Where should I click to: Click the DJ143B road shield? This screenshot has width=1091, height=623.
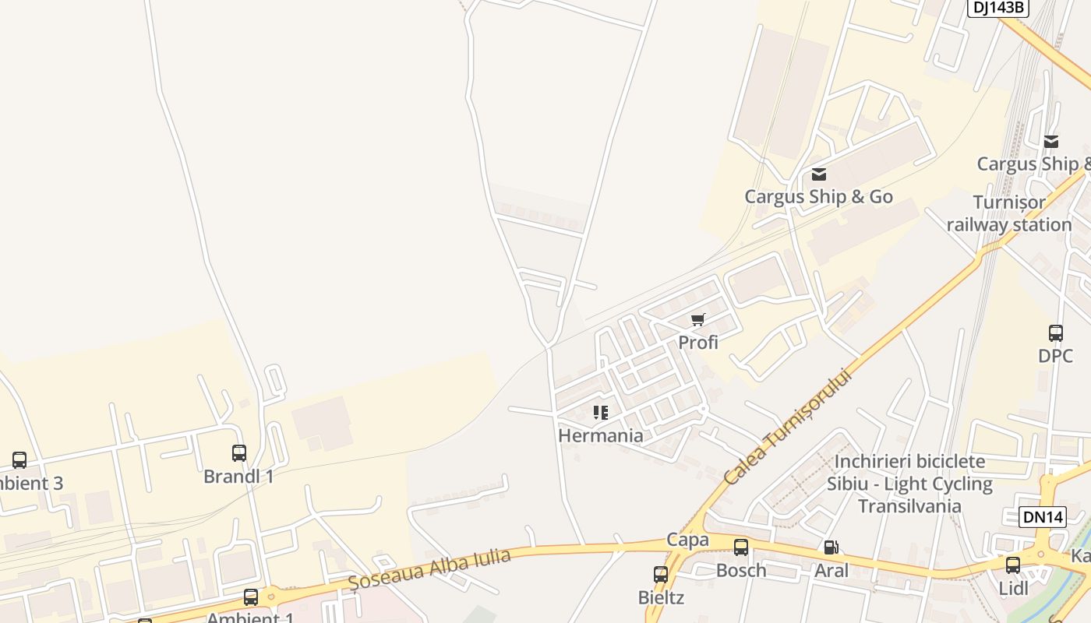(998, 8)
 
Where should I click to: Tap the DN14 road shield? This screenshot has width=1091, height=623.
(1042, 517)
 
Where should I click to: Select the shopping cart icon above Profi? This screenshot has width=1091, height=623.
(698, 319)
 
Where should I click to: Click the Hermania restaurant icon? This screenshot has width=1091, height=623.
(600, 413)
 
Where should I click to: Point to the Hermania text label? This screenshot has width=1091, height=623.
(601, 435)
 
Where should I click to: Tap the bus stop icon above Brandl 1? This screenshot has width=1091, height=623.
(239, 453)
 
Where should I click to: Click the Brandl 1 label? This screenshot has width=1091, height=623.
(238, 476)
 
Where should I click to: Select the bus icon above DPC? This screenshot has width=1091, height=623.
(1056, 333)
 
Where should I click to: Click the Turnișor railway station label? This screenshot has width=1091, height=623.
(1009, 214)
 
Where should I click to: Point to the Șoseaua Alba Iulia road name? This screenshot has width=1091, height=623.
(429, 569)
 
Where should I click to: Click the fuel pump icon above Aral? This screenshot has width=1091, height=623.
(831, 547)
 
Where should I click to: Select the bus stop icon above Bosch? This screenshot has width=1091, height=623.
(741, 547)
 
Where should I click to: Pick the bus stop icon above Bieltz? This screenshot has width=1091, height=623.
(661, 575)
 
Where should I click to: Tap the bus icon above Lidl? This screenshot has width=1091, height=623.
(1013, 565)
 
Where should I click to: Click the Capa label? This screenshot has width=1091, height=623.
(687, 540)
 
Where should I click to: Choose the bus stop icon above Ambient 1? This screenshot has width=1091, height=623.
(251, 597)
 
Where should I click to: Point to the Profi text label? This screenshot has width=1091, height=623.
(698, 343)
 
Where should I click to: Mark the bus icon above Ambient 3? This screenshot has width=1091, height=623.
(19, 460)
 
